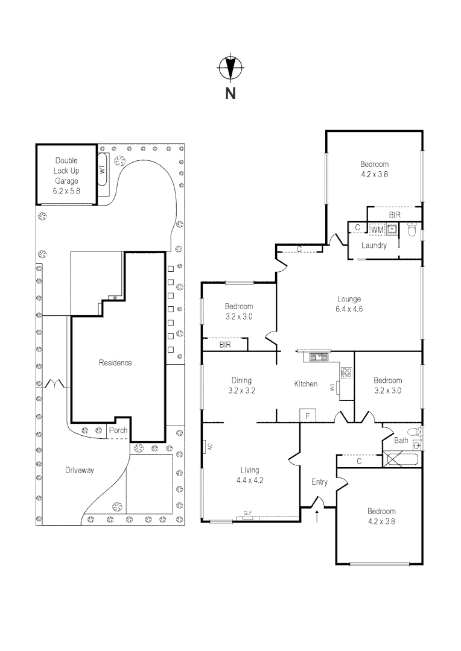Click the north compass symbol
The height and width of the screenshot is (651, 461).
(x=230, y=67)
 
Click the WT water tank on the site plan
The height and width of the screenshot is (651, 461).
(x=103, y=169)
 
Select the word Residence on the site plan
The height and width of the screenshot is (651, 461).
(x=115, y=362)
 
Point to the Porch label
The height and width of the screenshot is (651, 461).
(x=118, y=430)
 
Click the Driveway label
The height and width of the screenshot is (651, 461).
(x=80, y=470)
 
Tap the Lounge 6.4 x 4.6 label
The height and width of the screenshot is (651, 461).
(x=349, y=304)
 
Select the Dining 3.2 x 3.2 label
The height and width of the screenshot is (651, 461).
(x=241, y=385)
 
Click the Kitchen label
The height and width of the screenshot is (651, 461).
(x=306, y=384)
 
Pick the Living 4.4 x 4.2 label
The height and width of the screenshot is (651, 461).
(x=250, y=475)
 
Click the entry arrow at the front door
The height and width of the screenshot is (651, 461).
(x=317, y=516)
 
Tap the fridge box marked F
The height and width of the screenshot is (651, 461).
(x=308, y=415)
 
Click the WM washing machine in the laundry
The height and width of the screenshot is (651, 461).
(x=377, y=229)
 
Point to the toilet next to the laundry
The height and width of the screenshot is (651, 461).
(x=412, y=230)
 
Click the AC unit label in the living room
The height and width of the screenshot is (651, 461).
(x=210, y=447)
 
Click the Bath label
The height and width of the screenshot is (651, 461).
(x=401, y=440)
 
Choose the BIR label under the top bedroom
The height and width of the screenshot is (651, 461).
(x=395, y=215)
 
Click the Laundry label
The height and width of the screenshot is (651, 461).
(x=374, y=245)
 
